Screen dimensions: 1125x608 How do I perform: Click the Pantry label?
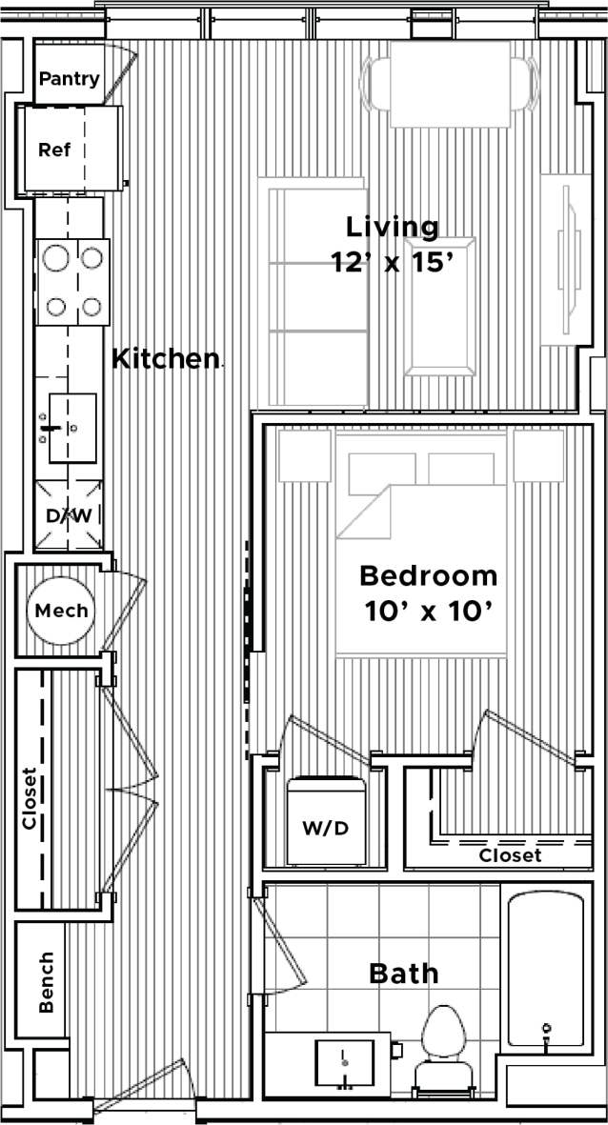pos(69,79)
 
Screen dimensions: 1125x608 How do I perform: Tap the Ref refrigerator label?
pos(54,150)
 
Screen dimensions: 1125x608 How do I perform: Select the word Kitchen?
pos(165,359)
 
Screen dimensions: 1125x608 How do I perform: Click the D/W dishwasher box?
pos(68,515)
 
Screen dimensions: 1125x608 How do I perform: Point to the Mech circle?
pos(62,611)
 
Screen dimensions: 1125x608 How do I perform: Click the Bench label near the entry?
pos(45,981)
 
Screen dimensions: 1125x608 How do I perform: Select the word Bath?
pos(404,974)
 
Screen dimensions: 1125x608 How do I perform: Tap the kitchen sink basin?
pos(72,428)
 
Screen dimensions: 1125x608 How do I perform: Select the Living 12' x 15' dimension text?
pos(391,245)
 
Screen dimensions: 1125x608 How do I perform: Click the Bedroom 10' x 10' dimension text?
pos(428,593)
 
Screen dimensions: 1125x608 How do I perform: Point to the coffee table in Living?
pos(438,306)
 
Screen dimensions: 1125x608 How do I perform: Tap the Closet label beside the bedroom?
pos(510,855)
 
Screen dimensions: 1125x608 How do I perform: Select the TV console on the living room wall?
pos(565,259)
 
